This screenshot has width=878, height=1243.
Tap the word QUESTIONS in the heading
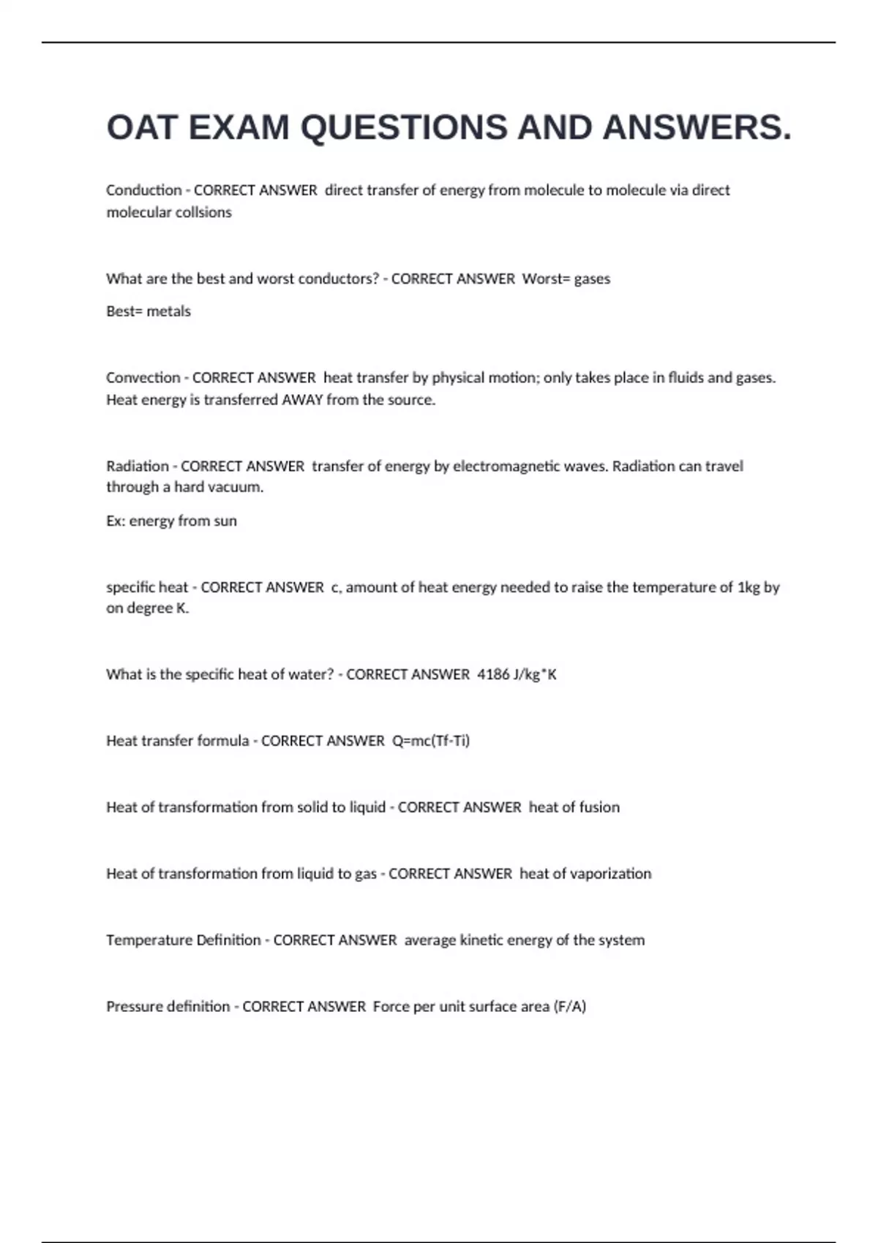pos(405,128)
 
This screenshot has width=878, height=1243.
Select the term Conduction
pos(143,190)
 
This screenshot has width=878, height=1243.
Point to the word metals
pos(168,311)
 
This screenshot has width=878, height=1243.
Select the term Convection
pos(143,378)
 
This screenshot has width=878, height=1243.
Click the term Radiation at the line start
pos(137,466)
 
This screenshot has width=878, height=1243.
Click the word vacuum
pos(240,488)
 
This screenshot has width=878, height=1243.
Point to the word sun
pos(225,521)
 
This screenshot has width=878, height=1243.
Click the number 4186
pos(493,674)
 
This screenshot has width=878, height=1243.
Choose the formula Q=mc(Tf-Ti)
pos(431,741)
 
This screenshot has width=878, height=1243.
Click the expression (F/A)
pos(570,1007)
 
